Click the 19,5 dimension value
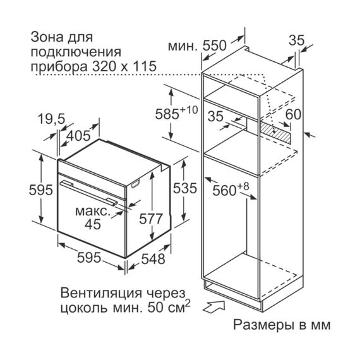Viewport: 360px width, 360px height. (x=52, y=119)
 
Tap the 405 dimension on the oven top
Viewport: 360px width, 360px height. (x=78, y=136)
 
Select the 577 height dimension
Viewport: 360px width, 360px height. (x=151, y=219)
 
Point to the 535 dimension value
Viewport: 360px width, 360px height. (x=185, y=188)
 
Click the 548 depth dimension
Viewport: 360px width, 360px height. (x=153, y=259)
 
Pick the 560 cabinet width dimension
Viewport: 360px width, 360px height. (x=231, y=189)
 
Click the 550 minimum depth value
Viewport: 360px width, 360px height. (x=215, y=45)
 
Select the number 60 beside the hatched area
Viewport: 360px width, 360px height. (x=293, y=114)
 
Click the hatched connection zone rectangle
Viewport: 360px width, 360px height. (x=275, y=133)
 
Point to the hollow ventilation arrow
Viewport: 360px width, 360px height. (x=215, y=307)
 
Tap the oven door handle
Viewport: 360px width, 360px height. (x=89, y=193)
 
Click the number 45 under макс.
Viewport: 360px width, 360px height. (x=93, y=224)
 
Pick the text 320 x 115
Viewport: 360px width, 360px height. (x=124, y=66)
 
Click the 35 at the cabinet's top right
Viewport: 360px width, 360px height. (x=296, y=40)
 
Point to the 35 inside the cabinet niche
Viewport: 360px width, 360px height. (x=215, y=116)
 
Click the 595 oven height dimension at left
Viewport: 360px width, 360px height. (x=40, y=190)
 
